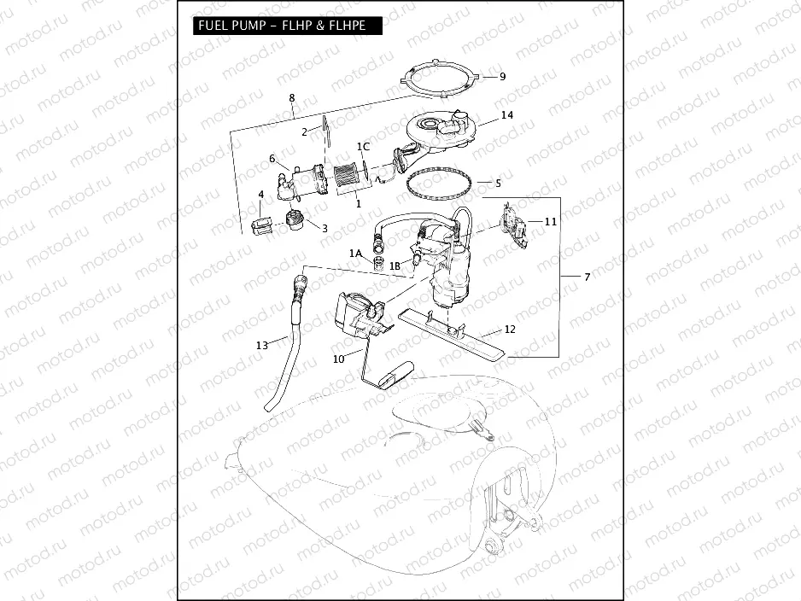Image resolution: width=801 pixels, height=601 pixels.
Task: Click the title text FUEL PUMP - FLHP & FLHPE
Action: point(282,26)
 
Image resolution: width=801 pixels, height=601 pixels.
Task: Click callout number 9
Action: point(502,77)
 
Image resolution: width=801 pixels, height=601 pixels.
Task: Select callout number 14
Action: point(507,115)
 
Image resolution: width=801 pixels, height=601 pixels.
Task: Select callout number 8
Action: point(292,98)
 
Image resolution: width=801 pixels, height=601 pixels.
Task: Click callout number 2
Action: point(304,132)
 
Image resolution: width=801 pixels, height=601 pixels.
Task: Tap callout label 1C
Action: point(363,147)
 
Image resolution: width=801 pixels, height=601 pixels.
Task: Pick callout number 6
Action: point(272,159)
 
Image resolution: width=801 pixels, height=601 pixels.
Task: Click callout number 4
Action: point(261,195)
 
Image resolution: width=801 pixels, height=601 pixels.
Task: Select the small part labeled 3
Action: point(295,220)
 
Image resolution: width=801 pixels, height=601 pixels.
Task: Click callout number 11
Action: point(551,222)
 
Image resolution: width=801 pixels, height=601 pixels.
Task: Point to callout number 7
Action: point(587,277)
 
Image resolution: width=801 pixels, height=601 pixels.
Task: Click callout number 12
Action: point(510,329)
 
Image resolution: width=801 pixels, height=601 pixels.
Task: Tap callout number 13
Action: point(261,345)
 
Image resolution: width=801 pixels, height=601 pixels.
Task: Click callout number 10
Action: point(339,359)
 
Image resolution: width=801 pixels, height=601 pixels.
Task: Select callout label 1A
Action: point(355,254)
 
